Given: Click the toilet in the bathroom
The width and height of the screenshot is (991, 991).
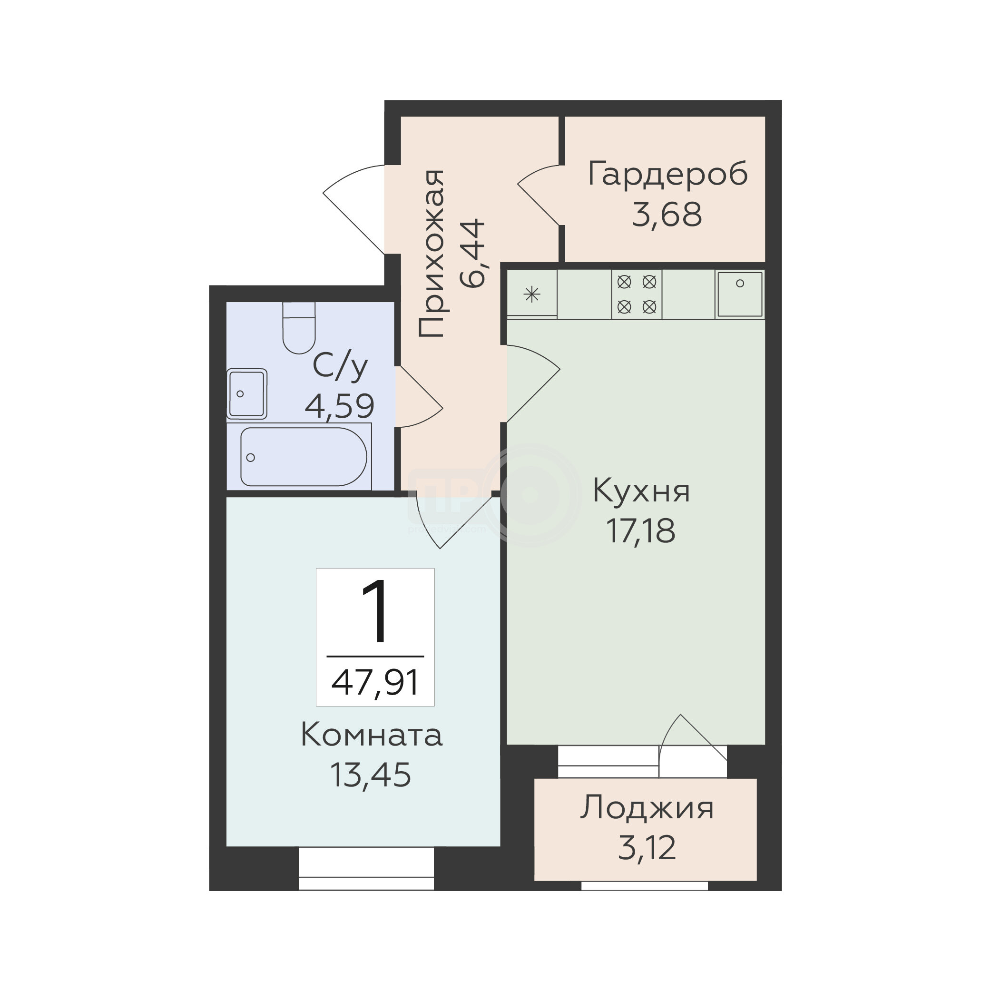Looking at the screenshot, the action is (299, 327).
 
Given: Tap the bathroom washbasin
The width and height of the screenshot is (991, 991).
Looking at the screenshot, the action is (247, 394).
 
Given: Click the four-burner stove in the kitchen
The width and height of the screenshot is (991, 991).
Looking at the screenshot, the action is (637, 294).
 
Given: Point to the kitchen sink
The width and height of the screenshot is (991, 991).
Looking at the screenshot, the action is (740, 294).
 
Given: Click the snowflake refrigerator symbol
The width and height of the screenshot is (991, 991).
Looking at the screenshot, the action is (532, 294).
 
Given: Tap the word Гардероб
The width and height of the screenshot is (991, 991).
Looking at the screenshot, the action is (667, 175).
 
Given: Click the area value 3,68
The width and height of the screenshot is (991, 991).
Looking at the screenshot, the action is (667, 215).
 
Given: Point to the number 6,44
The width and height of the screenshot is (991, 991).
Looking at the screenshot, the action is (472, 253).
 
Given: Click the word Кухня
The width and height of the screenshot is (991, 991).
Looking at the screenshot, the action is (641, 491).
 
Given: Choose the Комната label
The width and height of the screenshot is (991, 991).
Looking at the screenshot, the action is (372, 735).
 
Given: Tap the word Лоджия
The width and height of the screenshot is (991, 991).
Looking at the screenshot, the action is (647, 809).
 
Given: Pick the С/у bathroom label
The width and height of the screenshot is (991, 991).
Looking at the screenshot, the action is (340, 366).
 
